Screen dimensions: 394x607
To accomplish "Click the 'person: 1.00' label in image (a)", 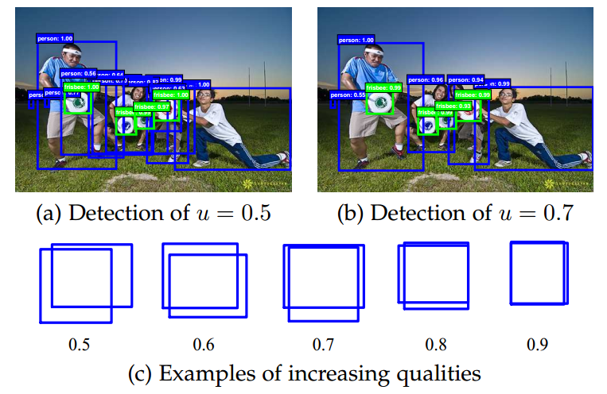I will click(54, 37).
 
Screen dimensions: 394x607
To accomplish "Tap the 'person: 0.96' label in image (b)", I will click(426, 80).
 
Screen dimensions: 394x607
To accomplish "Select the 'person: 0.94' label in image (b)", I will click(466, 80).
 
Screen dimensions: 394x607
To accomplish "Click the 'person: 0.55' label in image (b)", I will click(347, 95).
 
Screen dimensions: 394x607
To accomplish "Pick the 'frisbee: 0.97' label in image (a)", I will click(152, 106).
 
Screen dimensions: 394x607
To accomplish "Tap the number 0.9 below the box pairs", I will click(538, 345).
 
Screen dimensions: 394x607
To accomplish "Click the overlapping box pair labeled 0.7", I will click(324, 282).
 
